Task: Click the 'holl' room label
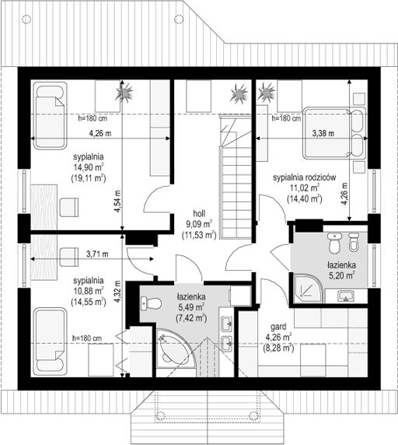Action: tap(199, 213)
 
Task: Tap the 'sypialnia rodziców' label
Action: tap(305, 177)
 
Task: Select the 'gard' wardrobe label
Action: tap(278, 328)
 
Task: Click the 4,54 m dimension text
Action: tap(118, 201)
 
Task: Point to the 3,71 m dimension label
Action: tap(97, 254)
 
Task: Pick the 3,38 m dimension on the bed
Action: tap(323, 133)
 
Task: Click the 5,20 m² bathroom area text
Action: tap(342, 275)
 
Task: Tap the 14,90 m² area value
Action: tap(89, 167)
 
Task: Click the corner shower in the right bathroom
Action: tap(309, 289)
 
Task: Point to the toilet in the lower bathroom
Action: tap(151, 303)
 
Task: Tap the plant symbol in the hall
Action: tap(239, 93)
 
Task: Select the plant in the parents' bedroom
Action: tap(266, 93)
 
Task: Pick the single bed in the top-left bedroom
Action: tap(51, 115)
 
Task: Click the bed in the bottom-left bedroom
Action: tap(51, 342)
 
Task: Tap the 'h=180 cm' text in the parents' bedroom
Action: tap(286, 118)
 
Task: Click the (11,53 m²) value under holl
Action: tap(199, 235)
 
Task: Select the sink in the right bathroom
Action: tap(346, 296)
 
